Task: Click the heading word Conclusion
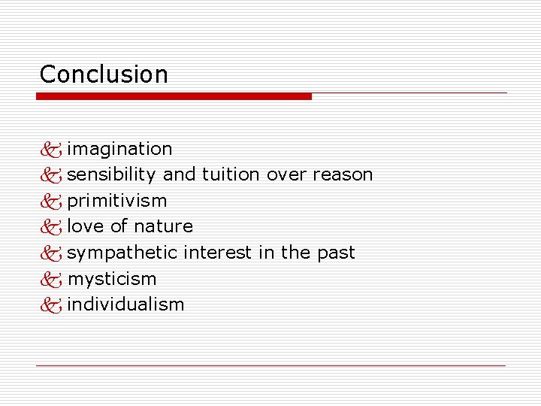coord(104,74)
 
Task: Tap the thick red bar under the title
coord(174,96)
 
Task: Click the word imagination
coord(119,149)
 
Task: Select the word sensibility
coord(111,174)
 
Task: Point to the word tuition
coord(231,174)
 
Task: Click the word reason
coord(343,174)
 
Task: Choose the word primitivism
coord(117,201)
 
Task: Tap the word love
coord(85,226)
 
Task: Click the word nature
coord(163,226)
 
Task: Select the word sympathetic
coord(122,253)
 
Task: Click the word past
coord(335,253)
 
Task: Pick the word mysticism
coord(112,279)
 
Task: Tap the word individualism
coord(125,304)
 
